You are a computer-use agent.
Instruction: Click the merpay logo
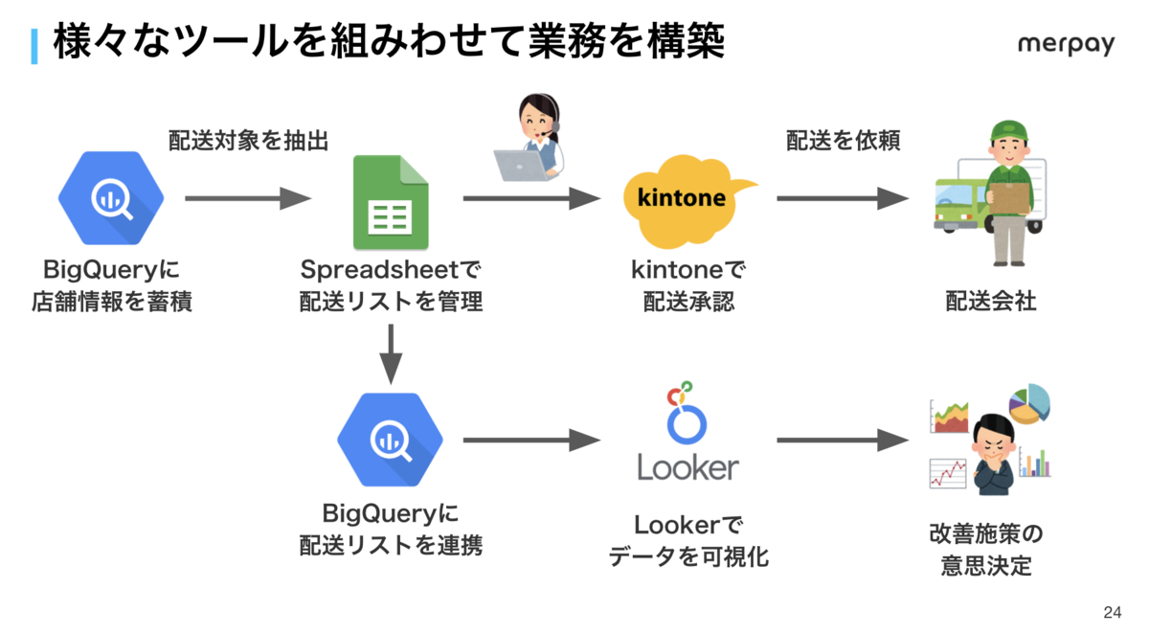(x=1066, y=45)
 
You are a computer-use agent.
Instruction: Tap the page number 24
(x=1112, y=613)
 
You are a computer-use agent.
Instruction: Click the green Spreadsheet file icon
(x=391, y=202)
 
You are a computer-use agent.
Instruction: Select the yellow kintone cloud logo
(x=687, y=200)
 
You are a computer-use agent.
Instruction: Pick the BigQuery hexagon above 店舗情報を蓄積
(x=111, y=198)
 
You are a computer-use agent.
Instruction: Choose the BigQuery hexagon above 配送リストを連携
(x=390, y=440)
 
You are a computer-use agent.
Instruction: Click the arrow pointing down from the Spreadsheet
(x=391, y=354)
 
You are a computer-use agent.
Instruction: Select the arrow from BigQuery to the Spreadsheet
(x=248, y=198)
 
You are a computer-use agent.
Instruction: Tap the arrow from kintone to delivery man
(x=843, y=198)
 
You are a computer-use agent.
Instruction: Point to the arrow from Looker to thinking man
(x=843, y=441)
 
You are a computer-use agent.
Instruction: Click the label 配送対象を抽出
(x=248, y=141)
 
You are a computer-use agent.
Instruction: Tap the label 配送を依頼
(x=844, y=141)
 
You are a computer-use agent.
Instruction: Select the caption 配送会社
(x=991, y=301)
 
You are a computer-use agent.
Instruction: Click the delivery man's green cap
(x=1008, y=130)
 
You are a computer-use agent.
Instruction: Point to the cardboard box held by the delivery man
(x=1009, y=198)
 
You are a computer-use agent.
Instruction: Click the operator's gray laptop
(x=521, y=165)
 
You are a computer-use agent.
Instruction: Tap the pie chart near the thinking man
(x=1029, y=403)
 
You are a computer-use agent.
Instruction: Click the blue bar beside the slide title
(x=34, y=46)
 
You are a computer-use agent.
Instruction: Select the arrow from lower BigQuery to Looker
(x=532, y=441)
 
